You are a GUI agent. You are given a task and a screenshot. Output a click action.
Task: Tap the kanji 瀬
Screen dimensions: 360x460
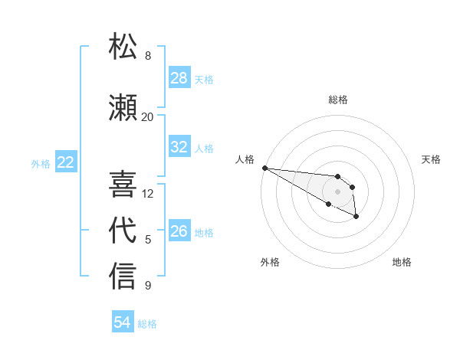[123, 107]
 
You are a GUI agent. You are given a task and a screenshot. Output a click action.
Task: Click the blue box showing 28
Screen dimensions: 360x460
[179, 78]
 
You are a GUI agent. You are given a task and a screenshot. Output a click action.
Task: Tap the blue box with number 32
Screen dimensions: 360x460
[179, 147]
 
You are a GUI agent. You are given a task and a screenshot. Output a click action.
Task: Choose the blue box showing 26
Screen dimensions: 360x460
[179, 231]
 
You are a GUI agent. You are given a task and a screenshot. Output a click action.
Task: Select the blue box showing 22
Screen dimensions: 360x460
[66, 162]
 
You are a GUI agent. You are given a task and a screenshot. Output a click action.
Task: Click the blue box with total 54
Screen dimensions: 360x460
[123, 322]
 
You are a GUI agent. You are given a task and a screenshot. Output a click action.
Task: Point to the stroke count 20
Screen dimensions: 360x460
[148, 116]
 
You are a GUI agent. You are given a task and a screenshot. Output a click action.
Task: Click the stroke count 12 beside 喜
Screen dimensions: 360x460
[148, 193]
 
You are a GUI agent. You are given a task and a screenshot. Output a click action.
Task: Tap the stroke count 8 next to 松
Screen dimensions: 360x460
[148, 56]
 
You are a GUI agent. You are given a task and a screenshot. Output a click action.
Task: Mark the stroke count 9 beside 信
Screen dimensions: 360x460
[148, 286]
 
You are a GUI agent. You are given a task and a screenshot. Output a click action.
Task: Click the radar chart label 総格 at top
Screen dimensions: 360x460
[338, 100]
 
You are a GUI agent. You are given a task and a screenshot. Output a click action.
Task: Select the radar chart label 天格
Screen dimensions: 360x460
[432, 159]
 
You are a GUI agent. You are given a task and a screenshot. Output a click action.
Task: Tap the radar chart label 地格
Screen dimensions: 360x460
[402, 262]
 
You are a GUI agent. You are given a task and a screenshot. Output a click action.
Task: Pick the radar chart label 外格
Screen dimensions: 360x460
[270, 262]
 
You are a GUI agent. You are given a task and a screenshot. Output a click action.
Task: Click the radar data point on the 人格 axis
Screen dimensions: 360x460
[264, 168]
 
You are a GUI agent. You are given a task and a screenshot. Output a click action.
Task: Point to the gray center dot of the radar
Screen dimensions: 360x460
[337, 191]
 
